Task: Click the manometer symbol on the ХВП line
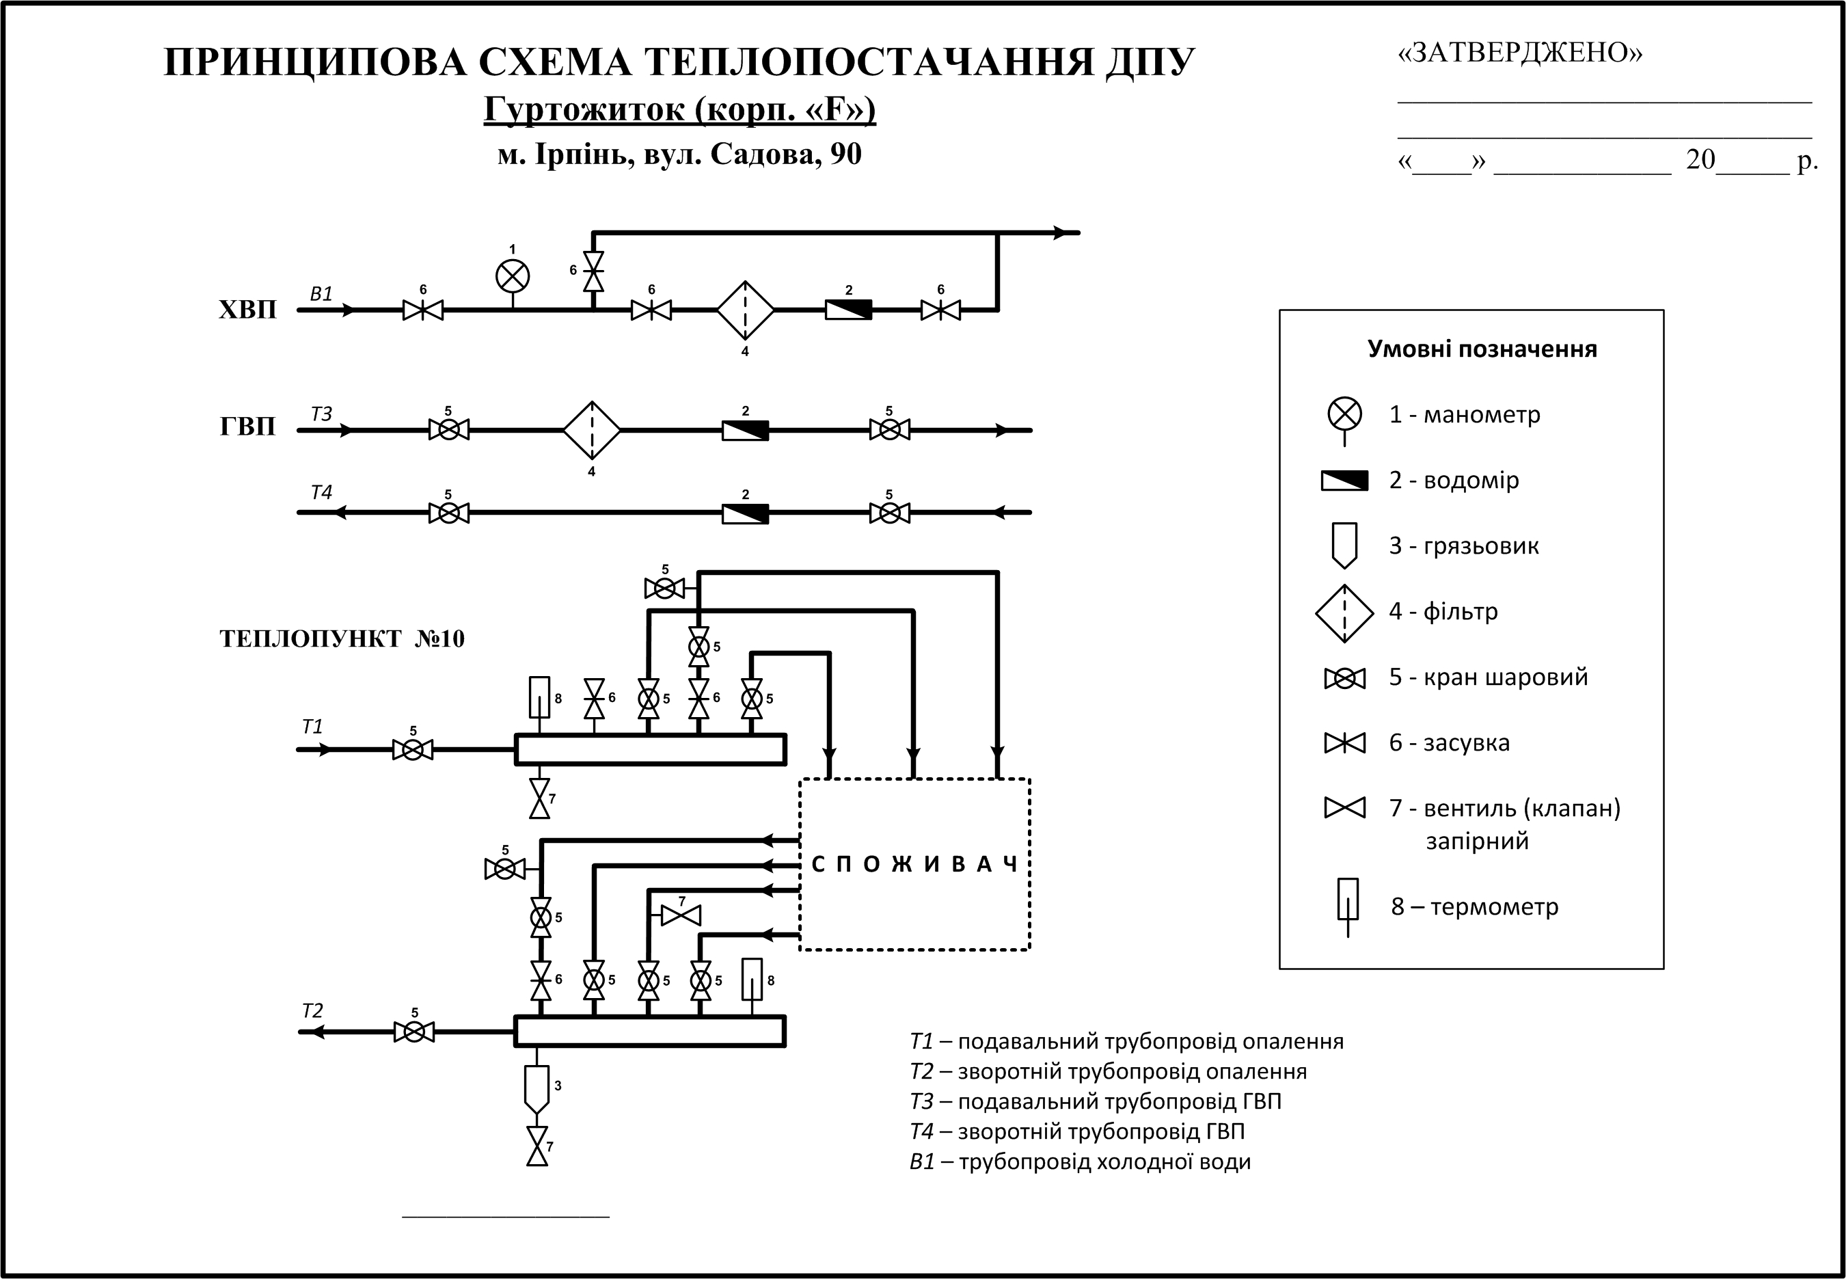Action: pyautogui.click(x=513, y=276)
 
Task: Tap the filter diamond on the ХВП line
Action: pyautogui.click(x=745, y=310)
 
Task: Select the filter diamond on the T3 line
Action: pyautogui.click(x=592, y=431)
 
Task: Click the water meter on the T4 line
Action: pyautogui.click(x=745, y=513)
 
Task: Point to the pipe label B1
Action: pyautogui.click(x=321, y=294)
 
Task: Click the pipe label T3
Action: pyautogui.click(x=321, y=414)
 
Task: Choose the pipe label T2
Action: pyautogui.click(x=312, y=1011)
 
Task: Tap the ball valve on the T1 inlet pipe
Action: pyautogui.click(x=413, y=750)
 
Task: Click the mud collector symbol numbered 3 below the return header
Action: pyautogui.click(x=537, y=1088)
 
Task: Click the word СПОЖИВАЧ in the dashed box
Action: pyautogui.click(x=914, y=864)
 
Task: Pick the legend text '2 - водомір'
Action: pyautogui.click(x=1454, y=480)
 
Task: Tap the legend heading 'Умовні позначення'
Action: pyautogui.click(x=1482, y=349)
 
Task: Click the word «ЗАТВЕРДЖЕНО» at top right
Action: pyautogui.click(x=1520, y=53)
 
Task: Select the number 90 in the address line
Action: pyautogui.click(x=845, y=154)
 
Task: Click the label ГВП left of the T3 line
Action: pyautogui.click(x=247, y=427)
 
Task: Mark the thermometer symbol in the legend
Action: pyautogui.click(x=1348, y=906)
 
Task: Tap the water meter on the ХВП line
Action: pyautogui.click(x=848, y=310)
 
